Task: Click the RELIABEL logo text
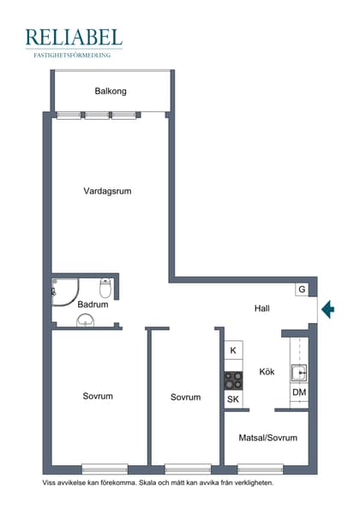tap(74, 37)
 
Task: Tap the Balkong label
tap(111, 90)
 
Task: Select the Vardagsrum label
tap(107, 191)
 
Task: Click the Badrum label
tap(93, 304)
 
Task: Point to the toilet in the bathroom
tap(105, 287)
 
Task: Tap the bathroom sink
tap(86, 320)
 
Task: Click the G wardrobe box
tap(302, 290)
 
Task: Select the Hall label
tap(263, 308)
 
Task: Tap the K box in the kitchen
tap(233, 350)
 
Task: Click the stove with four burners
tap(233, 379)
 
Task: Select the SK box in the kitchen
tap(233, 399)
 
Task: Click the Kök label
tap(267, 372)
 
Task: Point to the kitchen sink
tap(299, 372)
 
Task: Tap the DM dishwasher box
tap(298, 392)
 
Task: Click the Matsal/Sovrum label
tap(267, 438)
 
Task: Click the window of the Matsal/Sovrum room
tap(261, 469)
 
